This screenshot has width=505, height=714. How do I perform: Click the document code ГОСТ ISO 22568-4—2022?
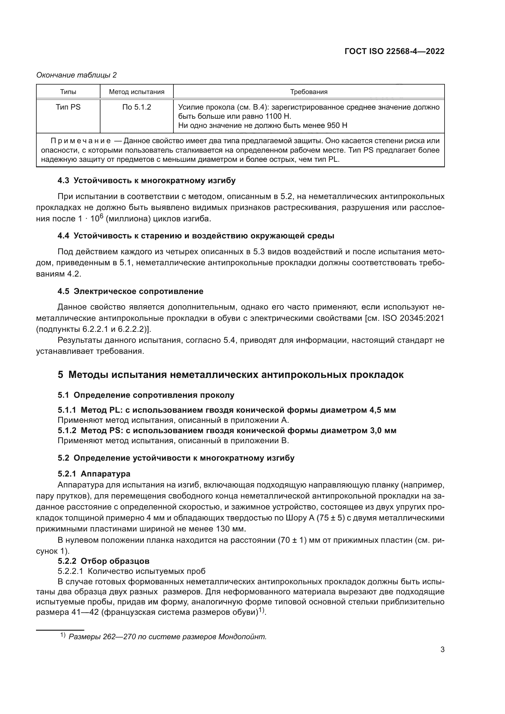394,51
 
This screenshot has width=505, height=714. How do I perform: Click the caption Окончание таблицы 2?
77,75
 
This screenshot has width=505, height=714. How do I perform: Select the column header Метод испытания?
136,92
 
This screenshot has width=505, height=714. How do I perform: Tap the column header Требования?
308,92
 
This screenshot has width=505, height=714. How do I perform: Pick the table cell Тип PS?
68,107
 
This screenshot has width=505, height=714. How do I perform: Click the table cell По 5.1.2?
136,107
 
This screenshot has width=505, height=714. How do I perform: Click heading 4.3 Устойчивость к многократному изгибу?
147,181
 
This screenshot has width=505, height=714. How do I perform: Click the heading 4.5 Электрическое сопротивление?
131,292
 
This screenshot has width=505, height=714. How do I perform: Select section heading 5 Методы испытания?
231,375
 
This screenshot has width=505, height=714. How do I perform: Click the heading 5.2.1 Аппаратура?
94,474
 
